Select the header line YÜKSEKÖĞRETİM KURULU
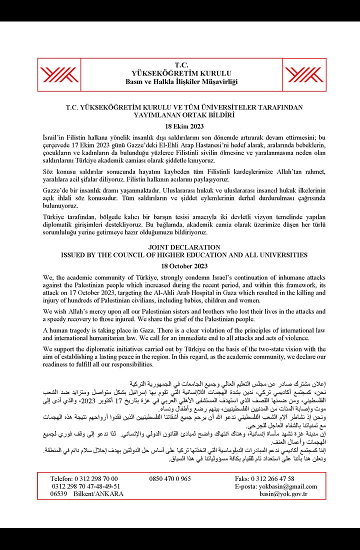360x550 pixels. coord(181,73)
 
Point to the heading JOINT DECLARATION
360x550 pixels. coord(184,247)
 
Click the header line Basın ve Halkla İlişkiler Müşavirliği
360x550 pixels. coord(181,81)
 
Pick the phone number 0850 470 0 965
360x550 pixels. coord(170,478)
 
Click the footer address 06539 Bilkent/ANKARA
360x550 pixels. coord(86,494)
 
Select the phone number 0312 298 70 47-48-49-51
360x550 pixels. coord(85,486)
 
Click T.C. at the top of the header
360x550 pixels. coord(181,65)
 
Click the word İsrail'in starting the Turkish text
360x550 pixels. coord(56,136)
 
